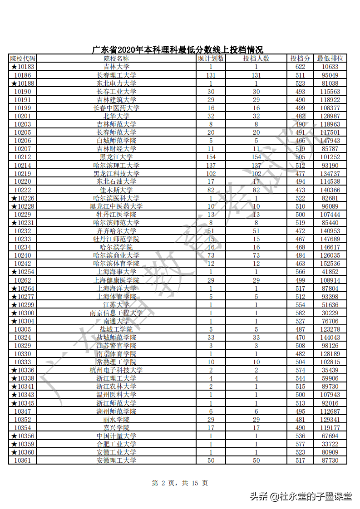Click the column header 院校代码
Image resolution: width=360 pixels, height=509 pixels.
click(x=22, y=59)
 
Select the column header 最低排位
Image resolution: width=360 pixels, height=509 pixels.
click(x=330, y=59)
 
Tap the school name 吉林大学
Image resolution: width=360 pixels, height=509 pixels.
click(x=116, y=67)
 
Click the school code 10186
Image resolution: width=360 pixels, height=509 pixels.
click(x=22, y=75)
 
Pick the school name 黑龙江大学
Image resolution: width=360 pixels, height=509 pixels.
click(x=116, y=157)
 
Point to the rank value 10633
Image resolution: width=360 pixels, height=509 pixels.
click(x=330, y=67)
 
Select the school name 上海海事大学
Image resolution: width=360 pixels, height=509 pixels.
click(x=116, y=272)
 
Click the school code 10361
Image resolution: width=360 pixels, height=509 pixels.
click(x=22, y=460)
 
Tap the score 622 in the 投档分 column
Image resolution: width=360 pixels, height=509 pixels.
click(x=300, y=67)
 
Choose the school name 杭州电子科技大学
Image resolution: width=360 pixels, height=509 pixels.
click(x=116, y=370)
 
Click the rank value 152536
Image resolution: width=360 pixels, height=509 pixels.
click(x=330, y=264)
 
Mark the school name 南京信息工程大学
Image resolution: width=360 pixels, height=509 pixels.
click(x=116, y=313)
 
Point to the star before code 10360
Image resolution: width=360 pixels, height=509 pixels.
click(x=14, y=452)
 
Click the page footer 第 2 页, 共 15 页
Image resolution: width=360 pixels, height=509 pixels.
click(x=180, y=484)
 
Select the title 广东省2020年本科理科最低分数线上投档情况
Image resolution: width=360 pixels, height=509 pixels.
click(x=178, y=49)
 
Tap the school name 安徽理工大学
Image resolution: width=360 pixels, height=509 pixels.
click(x=116, y=460)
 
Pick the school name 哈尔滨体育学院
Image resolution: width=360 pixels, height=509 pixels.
click(x=116, y=264)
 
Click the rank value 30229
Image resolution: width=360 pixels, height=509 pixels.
click(x=330, y=313)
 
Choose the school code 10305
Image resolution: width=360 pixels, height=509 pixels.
click(x=22, y=329)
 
